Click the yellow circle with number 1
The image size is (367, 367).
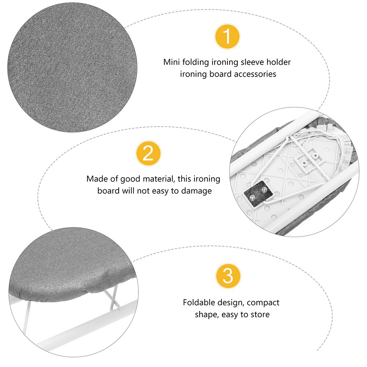pos(227,37)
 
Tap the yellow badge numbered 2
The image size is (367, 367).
pos(148,154)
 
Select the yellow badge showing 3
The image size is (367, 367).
pos(228,275)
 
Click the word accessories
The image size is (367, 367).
pos(255,74)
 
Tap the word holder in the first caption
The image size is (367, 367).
pos(279,62)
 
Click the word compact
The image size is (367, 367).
pos(262,303)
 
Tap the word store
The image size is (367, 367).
pos(259,315)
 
